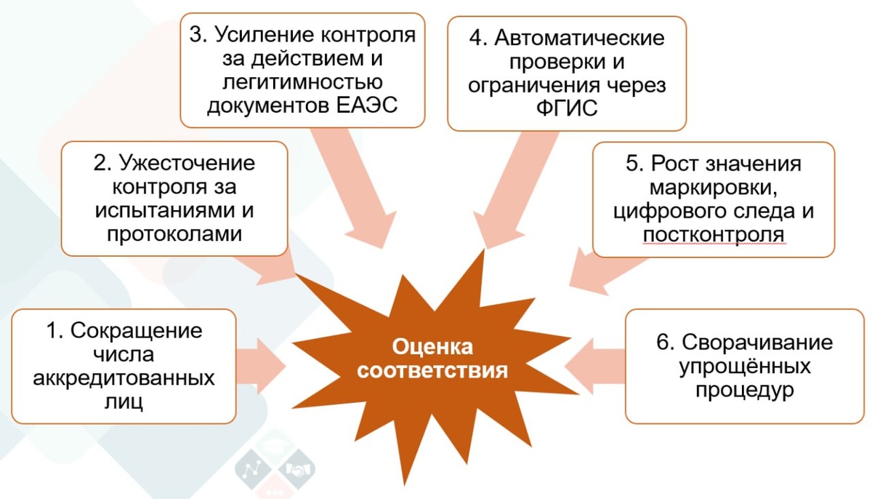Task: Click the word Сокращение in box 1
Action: coord(134,330)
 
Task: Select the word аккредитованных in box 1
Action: coord(124,378)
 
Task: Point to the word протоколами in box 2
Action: coord(174,234)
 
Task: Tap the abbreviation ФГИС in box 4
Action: coord(567,108)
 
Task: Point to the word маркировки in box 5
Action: coord(713,188)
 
